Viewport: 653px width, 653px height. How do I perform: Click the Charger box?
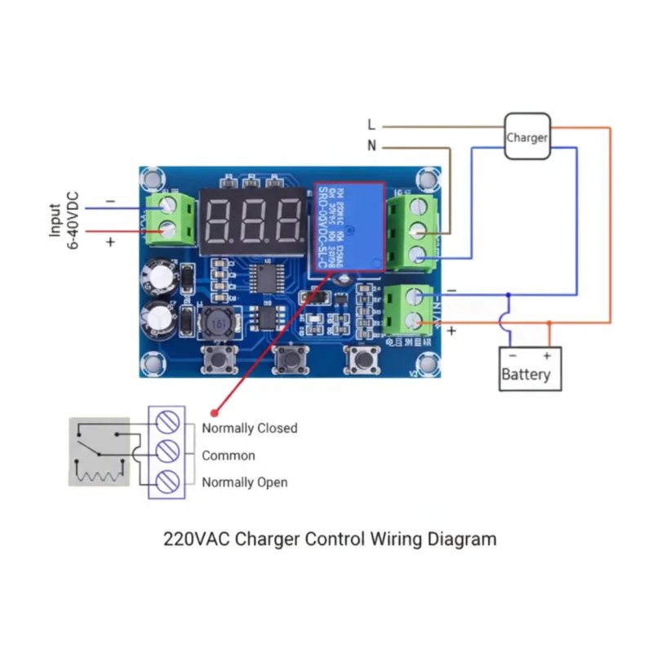(526, 137)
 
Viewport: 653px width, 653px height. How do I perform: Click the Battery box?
(530, 369)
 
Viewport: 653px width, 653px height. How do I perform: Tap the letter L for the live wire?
(371, 126)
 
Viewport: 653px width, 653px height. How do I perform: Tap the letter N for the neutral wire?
(372, 147)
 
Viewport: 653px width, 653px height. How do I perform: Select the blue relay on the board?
(346, 226)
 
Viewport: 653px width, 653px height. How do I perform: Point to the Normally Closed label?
(250, 428)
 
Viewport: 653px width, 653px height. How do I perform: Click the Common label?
(229, 455)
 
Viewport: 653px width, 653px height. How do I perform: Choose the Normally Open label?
(245, 482)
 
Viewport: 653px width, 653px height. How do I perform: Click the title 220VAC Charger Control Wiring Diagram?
(330, 539)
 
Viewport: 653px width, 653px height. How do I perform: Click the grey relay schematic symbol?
(99, 453)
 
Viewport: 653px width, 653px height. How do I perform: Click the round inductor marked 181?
(217, 323)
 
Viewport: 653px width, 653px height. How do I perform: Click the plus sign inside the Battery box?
(547, 356)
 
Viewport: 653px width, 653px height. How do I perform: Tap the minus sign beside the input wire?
(110, 201)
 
